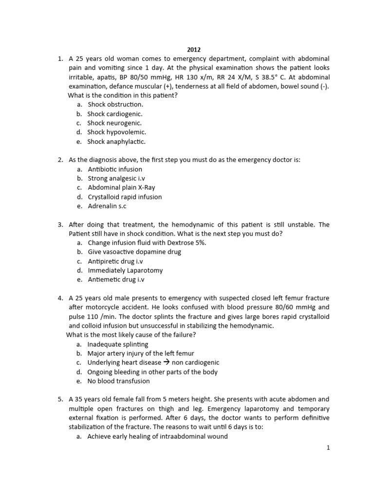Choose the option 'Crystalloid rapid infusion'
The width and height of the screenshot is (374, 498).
coord(125,197)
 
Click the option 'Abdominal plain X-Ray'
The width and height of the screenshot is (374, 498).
coord(121,188)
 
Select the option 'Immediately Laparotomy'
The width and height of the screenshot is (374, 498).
coord(125,270)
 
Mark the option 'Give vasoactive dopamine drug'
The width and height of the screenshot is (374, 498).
coord(134,252)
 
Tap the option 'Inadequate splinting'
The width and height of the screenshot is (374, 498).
coord(118,344)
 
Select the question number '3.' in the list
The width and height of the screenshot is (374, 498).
coord(60,225)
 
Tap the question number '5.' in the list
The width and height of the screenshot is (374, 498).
coord(60,399)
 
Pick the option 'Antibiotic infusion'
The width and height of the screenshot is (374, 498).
coord(115,169)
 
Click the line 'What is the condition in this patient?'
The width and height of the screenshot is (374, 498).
coord(123,95)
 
